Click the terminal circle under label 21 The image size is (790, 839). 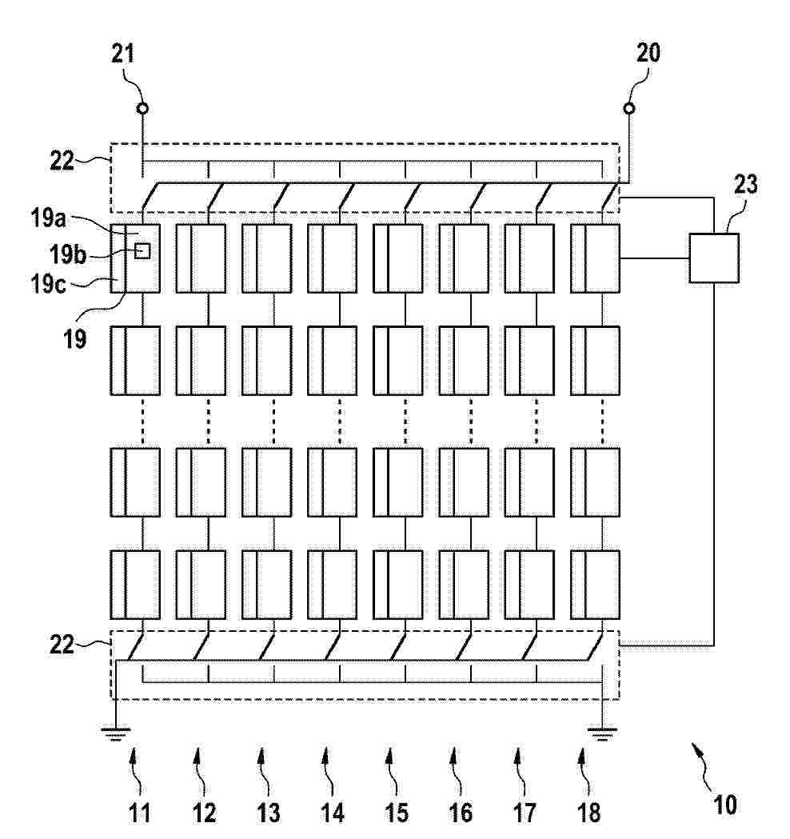142,109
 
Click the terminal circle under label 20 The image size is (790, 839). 629,109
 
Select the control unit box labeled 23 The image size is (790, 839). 714,258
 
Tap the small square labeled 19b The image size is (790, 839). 142,251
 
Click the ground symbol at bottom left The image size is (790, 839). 115,733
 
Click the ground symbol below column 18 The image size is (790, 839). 602,733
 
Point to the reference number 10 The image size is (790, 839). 725,805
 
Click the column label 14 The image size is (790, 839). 332,813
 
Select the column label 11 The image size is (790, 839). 140,813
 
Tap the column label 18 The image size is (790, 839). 589,813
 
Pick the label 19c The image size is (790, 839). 48,284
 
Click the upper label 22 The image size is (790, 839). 62,160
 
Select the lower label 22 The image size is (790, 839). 62,645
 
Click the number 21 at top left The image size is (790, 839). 123,54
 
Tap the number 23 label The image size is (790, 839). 746,185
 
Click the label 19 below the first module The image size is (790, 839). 75,338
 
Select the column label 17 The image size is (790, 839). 525,813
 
